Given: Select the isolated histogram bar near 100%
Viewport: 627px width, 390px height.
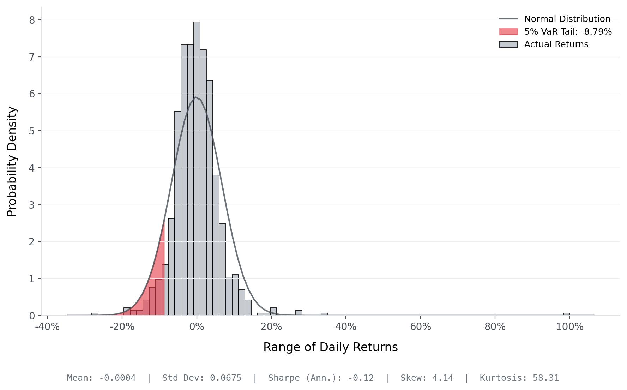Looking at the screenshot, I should [x=566, y=314].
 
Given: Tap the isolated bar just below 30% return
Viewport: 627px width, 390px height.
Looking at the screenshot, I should [x=299, y=313].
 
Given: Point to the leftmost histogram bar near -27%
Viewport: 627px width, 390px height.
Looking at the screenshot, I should [x=95, y=314].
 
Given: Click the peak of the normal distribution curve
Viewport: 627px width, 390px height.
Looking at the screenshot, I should [x=195, y=97].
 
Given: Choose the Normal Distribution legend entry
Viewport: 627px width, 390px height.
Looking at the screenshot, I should [x=567, y=19].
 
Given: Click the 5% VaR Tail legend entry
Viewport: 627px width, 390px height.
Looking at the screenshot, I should [x=568, y=32].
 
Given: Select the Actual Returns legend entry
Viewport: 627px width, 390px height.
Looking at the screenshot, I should [x=556, y=44].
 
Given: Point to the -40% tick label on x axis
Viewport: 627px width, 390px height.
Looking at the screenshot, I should [x=47, y=327].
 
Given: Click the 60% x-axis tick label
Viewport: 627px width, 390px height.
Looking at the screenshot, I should [x=420, y=327].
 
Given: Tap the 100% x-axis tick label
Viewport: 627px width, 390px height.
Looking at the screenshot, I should [x=569, y=327].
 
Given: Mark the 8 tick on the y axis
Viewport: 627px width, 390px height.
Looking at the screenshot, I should [x=32, y=20].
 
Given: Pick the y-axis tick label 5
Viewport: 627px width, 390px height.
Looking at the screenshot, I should [x=32, y=131].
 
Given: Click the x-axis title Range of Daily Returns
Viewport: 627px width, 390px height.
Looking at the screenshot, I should [x=330, y=347].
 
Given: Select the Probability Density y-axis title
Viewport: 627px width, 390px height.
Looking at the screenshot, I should [x=12, y=161].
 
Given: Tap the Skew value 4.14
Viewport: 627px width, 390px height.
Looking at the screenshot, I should [x=442, y=378].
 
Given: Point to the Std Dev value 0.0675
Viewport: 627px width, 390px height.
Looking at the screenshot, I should [x=225, y=378].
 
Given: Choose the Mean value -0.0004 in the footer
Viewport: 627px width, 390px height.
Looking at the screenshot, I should [x=117, y=378].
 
